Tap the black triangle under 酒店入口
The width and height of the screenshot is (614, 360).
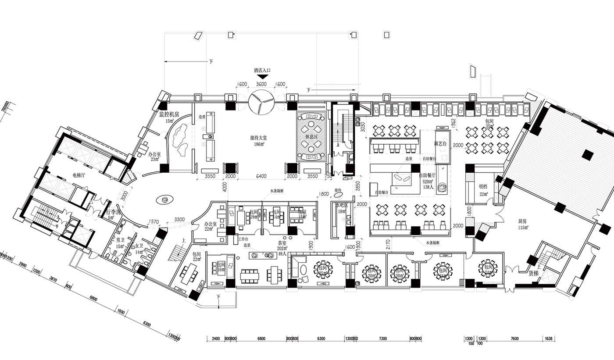point(261,76)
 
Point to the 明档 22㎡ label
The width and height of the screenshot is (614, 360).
point(484,189)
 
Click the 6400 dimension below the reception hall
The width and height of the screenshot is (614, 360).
point(261,176)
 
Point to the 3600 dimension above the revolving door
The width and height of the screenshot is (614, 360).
point(261,84)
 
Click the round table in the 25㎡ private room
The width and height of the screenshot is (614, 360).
point(323,270)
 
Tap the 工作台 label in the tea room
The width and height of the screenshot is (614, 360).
point(245,239)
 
